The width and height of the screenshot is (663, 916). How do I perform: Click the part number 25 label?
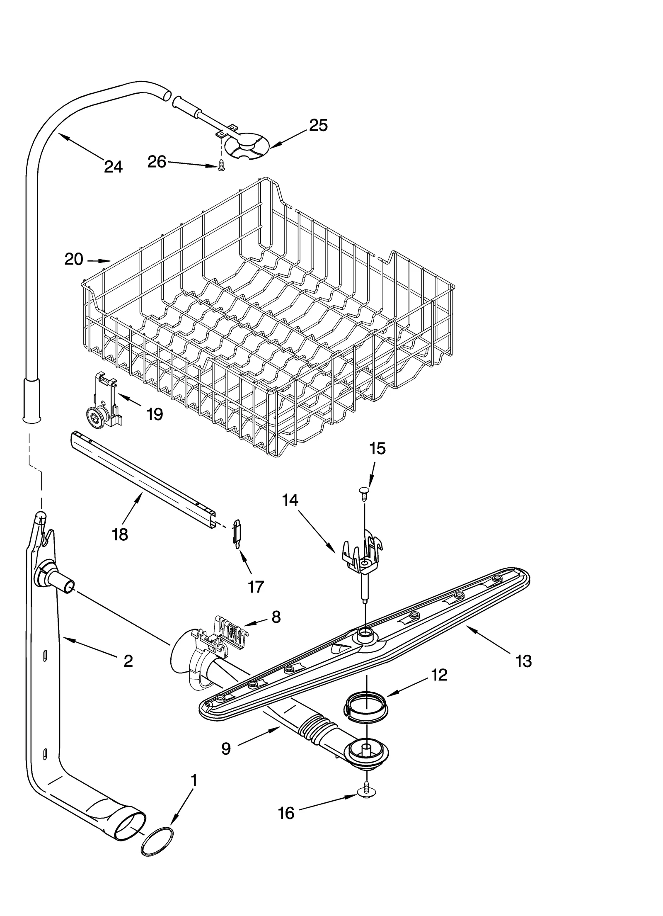(x=318, y=125)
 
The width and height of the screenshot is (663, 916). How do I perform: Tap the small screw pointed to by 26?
(x=221, y=165)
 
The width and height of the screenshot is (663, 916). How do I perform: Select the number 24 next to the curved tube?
(x=113, y=167)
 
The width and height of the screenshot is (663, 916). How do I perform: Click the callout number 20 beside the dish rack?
(x=74, y=260)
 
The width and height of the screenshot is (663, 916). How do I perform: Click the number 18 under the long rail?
(x=120, y=535)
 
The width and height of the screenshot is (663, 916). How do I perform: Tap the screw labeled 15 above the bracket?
(x=364, y=493)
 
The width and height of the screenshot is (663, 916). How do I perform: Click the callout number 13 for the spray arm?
(x=524, y=661)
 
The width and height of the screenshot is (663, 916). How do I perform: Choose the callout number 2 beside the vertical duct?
(x=128, y=661)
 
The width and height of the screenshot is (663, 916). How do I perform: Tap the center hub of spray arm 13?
(x=365, y=636)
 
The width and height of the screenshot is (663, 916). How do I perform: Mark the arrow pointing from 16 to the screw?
(x=327, y=800)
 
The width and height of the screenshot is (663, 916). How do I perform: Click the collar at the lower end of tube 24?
(x=31, y=399)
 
